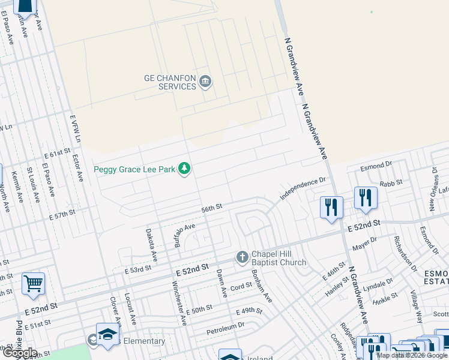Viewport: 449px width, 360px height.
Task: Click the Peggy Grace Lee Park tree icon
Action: click(x=185, y=169)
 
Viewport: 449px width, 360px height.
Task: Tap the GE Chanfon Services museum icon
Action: click(x=205, y=82)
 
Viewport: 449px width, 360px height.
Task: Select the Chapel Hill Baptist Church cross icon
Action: click(x=243, y=257)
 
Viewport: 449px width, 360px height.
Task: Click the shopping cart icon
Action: click(x=33, y=283)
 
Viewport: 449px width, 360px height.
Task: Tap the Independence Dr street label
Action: click(x=303, y=188)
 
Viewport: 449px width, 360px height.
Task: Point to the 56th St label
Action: click(x=212, y=208)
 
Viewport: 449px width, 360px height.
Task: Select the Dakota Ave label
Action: click(x=151, y=245)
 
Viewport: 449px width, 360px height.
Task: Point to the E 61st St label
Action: click(x=56, y=155)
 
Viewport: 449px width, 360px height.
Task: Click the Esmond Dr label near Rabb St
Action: click(x=375, y=163)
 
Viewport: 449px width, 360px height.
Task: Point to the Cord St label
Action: click(x=241, y=287)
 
